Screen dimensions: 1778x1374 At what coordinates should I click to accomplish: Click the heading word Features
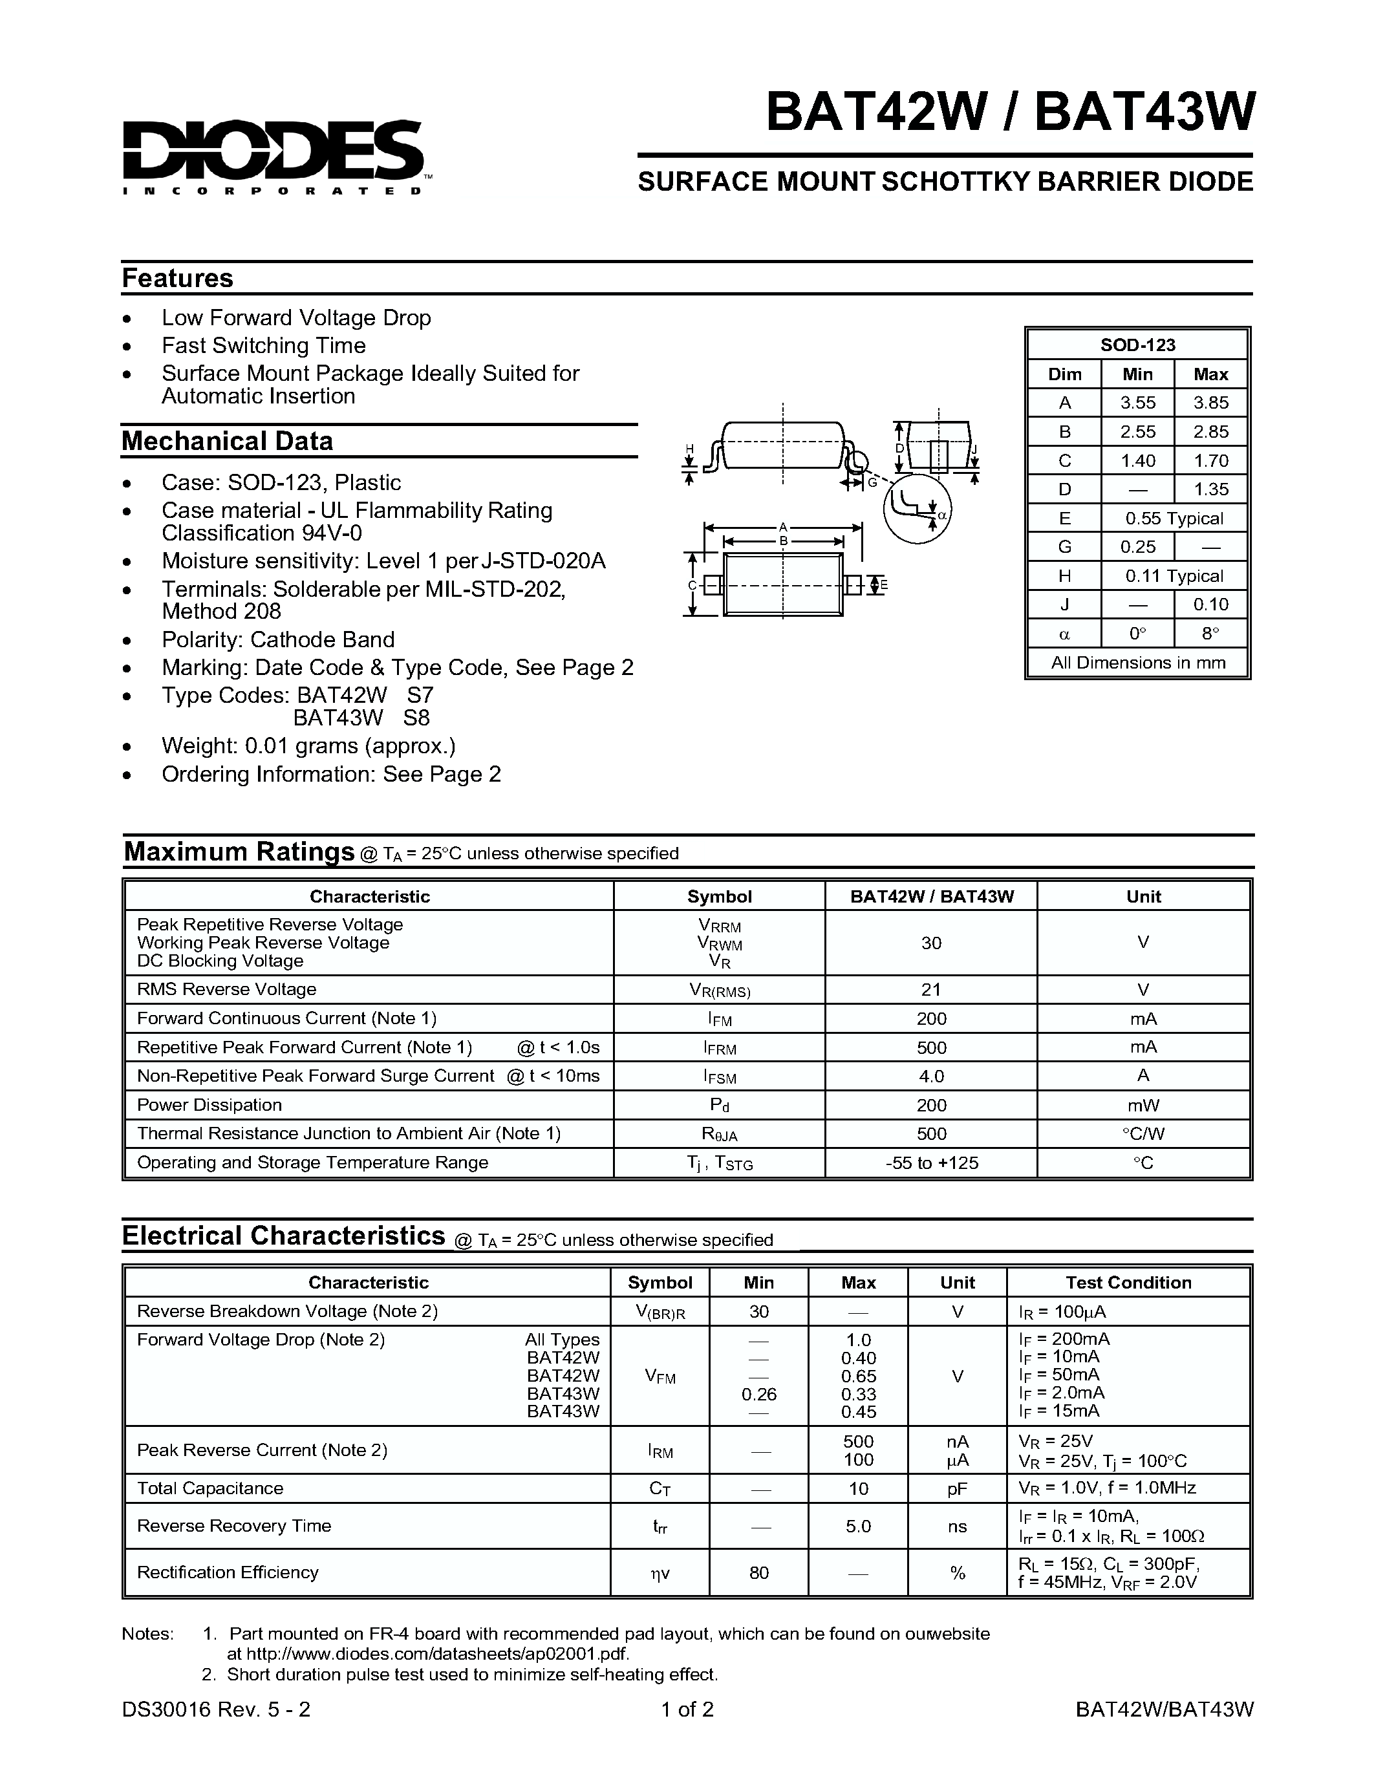(177, 279)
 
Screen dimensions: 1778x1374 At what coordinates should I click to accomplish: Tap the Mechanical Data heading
(227, 441)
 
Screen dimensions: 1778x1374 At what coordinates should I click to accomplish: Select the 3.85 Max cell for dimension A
(1210, 403)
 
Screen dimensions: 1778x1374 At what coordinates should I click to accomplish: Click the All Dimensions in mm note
(1137, 663)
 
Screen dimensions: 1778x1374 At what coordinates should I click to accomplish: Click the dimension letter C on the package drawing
(692, 585)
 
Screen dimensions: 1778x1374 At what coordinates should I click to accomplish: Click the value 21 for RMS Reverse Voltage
(930, 990)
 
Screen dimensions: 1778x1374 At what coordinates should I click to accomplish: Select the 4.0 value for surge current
(930, 1076)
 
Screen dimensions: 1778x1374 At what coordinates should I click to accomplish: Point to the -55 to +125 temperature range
(931, 1162)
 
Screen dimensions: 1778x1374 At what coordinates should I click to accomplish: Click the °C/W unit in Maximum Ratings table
(1143, 1133)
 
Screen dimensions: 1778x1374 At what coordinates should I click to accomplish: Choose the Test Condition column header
(1128, 1282)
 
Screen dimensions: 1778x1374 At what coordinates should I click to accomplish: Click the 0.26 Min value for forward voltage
(758, 1395)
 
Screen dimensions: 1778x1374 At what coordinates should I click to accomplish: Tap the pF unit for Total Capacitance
(957, 1488)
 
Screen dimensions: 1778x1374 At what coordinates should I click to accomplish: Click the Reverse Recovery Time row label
(233, 1526)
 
